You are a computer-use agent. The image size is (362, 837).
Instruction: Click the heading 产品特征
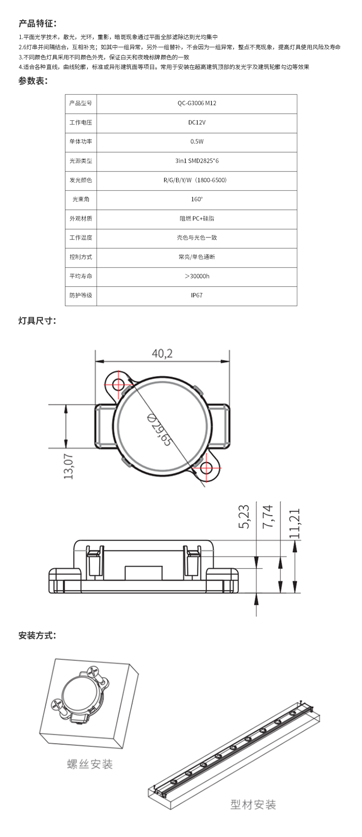(x=38, y=23)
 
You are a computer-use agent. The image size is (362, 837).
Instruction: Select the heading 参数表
(x=33, y=81)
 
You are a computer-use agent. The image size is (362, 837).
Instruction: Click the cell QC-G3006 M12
(x=196, y=103)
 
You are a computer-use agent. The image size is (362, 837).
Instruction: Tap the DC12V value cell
(x=196, y=123)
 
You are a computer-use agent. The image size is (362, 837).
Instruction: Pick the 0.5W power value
(x=196, y=142)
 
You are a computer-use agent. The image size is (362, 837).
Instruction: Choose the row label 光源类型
(x=81, y=161)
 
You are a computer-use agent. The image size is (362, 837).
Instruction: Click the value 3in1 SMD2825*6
(x=196, y=161)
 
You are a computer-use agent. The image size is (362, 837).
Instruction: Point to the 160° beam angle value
(x=196, y=199)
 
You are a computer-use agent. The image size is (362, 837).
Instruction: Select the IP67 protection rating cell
(x=196, y=295)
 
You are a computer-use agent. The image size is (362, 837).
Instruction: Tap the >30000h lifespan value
(x=196, y=276)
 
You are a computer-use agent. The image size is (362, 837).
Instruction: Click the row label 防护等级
(x=81, y=295)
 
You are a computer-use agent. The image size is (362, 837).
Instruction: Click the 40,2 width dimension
(x=162, y=353)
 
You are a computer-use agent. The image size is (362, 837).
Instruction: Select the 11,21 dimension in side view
(x=294, y=524)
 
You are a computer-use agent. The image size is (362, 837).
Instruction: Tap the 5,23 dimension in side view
(x=244, y=516)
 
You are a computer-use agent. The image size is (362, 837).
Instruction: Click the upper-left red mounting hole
(x=118, y=384)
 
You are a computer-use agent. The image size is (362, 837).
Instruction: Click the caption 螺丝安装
(x=90, y=764)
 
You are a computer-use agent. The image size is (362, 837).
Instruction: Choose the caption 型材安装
(x=253, y=805)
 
